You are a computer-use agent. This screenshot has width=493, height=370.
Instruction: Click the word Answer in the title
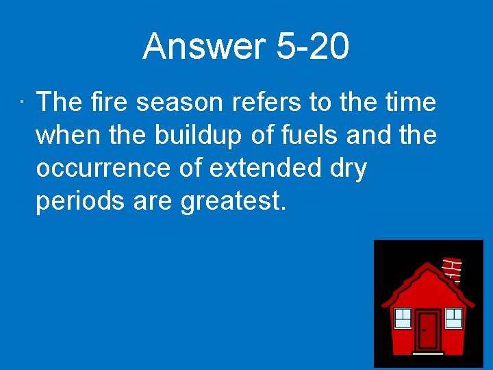[204, 47]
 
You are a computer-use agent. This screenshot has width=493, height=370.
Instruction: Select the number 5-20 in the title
[312, 47]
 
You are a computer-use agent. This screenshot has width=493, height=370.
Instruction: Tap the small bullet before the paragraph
[23, 104]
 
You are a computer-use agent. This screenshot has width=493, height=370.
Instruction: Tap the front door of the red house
[428, 330]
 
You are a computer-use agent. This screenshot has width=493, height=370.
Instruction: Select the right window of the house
[453, 317]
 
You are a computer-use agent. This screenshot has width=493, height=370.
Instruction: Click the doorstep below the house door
[428, 353]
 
